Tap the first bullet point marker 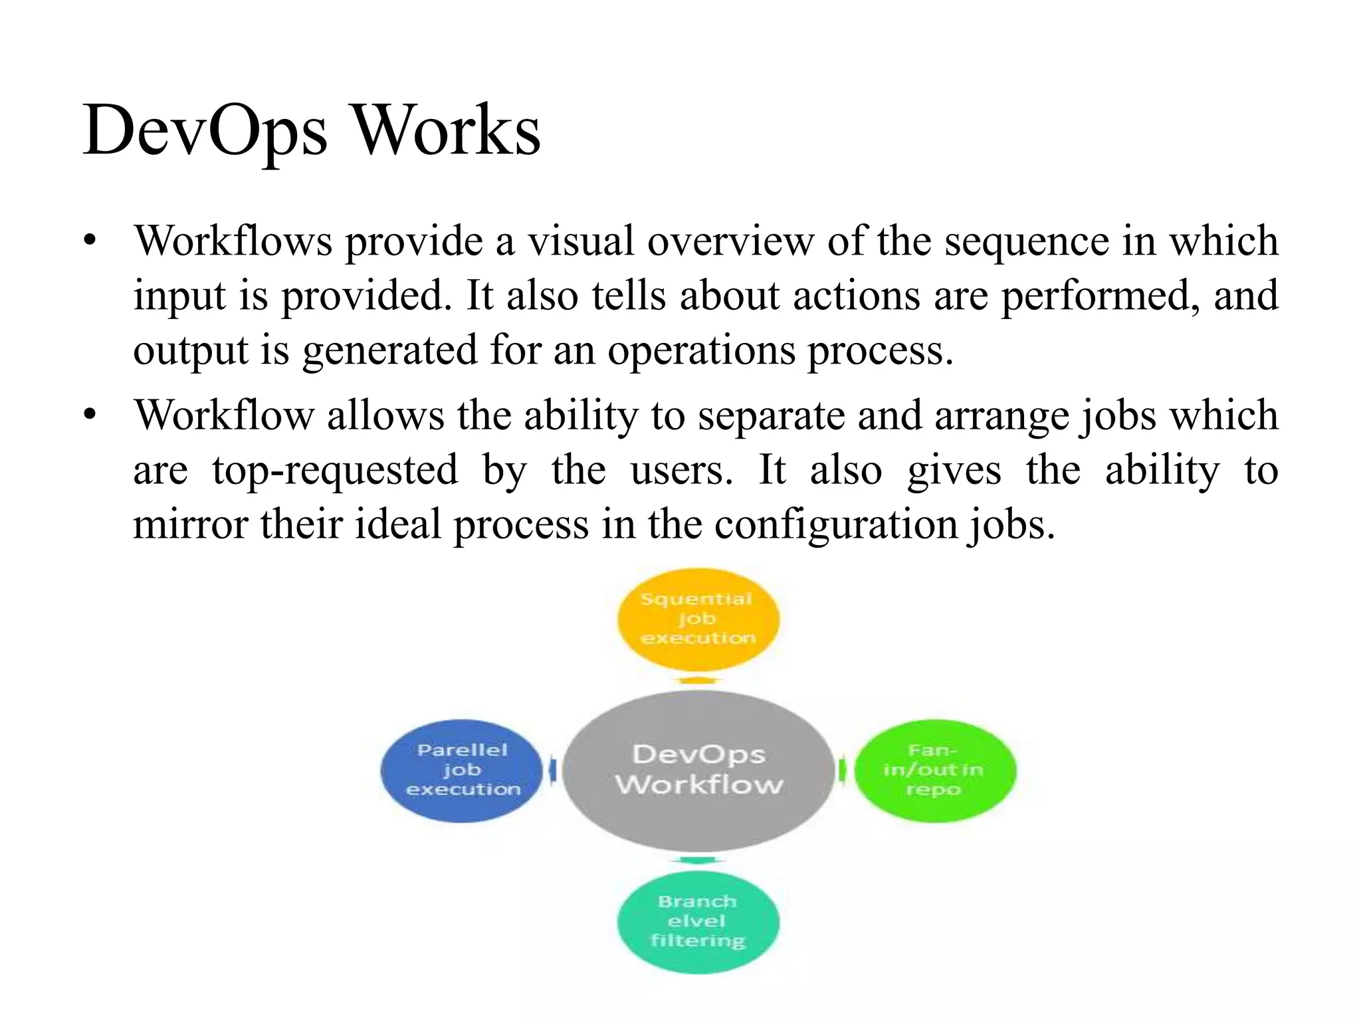click(90, 240)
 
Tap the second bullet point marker click(90, 415)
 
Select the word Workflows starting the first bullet click(233, 240)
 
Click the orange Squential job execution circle click(698, 619)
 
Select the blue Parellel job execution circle click(463, 770)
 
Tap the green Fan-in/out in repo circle click(934, 770)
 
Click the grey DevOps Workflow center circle click(698, 770)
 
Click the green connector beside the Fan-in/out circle click(843, 770)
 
